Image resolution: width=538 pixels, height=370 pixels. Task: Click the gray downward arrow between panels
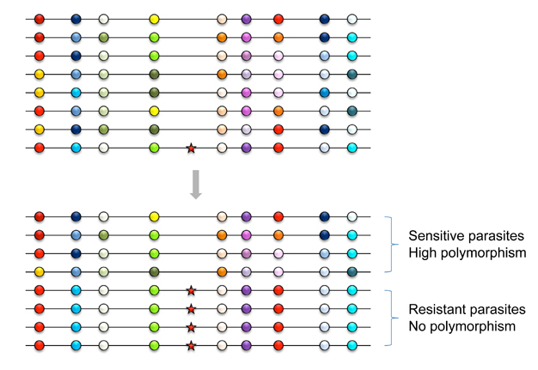click(x=196, y=185)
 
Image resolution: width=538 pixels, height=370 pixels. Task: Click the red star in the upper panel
click(x=191, y=149)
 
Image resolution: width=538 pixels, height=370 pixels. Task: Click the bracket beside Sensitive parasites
click(x=392, y=245)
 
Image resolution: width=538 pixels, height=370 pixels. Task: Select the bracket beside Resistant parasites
click(x=392, y=318)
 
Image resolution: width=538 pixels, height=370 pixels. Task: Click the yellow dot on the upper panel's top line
click(x=155, y=19)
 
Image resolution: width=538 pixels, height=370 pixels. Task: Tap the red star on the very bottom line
click(x=191, y=346)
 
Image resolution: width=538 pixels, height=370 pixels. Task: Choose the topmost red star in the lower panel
click(x=191, y=290)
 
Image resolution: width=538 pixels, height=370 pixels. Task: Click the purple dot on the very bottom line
click(x=247, y=345)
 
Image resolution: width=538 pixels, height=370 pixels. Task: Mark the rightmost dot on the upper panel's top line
click(x=352, y=19)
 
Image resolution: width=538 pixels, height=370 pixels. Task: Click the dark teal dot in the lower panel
click(x=352, y=272)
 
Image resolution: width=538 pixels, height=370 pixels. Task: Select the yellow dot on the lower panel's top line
click(x=155, y=216)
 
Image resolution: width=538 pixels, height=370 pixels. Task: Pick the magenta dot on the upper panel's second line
click(x=247, y=37)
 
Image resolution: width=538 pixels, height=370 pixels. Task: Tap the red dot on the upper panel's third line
click(x=40, y=56)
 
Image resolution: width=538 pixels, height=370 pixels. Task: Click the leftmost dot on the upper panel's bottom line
click(x=40, y=148)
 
